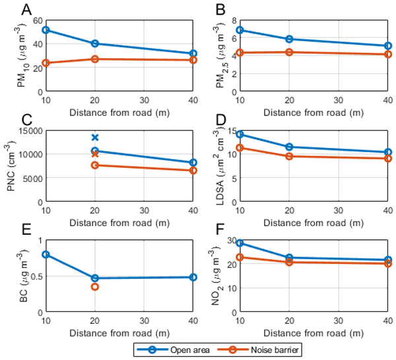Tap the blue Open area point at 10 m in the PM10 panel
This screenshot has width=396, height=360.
[x=46, y=30]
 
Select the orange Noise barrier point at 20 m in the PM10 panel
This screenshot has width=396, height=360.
[x=95, y=59]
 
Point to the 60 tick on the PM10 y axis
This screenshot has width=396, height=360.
[x=36, y=21]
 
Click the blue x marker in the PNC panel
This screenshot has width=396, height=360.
[x=95, y=137]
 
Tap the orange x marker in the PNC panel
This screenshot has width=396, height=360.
[x=95, y=153]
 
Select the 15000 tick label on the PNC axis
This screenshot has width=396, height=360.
[x=30, y=131]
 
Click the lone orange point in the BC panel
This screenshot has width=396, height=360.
[x=95, y=287]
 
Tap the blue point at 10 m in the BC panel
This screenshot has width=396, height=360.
[x=46, y=255]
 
